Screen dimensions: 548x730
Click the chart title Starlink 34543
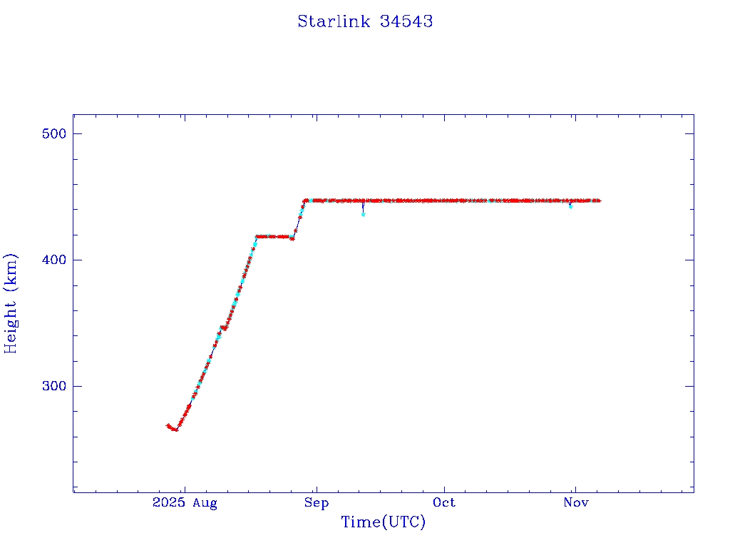[x=365, y=21]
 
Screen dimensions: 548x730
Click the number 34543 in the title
[x=406, y=21]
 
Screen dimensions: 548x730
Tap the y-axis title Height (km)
[x=11, y=303]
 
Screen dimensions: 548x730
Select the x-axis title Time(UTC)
[x=383, y=522]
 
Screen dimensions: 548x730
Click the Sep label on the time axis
[x=316, y=503]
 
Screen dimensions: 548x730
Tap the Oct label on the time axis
[x=444, y=503]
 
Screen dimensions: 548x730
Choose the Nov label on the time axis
[x=575, y=503]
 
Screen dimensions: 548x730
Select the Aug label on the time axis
[x=204, y=503]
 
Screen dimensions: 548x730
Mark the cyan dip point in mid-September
[x=364, y=214]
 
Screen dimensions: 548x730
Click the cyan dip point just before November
[x=570, y=206]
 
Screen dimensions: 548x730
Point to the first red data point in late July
[x=168, y=425]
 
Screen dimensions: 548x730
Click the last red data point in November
[x=599, y=201]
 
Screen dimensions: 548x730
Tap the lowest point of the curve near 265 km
[x=175, y=430]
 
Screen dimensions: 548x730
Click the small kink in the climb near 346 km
[x=223, y=328]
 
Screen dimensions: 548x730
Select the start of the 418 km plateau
[x=257, y=236]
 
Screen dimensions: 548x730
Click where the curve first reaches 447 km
[x=305, y=201]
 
